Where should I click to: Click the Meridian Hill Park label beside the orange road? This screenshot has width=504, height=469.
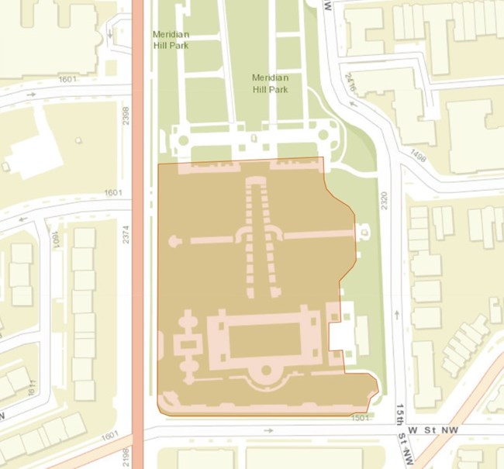pos(171,40)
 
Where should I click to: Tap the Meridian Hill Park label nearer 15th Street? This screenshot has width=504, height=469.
pos(270,84)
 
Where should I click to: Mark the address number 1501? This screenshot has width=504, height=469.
pos(358,418)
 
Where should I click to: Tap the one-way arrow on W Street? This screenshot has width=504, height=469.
pos(268,430)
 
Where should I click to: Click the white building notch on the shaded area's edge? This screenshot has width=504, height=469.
pos(340,336)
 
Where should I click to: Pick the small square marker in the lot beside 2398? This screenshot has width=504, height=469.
pos(78,141)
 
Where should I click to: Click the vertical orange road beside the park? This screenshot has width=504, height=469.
pos(138,233)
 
